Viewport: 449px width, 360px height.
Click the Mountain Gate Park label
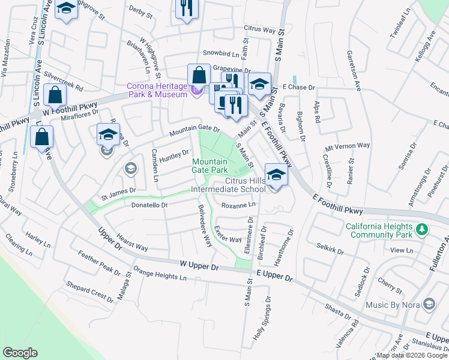click(209, 166)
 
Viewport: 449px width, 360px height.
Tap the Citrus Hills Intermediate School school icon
click(276, 176)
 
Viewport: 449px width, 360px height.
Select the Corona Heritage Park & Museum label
click(157, 90)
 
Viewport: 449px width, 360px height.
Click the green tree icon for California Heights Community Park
click(422, 229)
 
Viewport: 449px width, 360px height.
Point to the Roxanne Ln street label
click(238, 205)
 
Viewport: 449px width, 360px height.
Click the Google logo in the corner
click(20, 353)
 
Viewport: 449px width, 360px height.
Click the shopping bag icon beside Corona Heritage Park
click(198, 76)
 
